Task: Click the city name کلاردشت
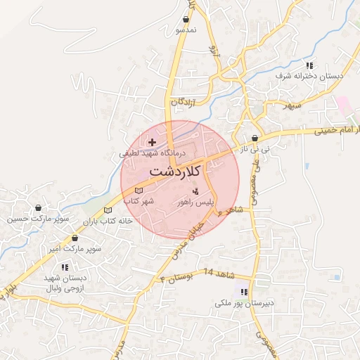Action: pos(175,171)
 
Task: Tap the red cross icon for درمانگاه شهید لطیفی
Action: pos(152,142)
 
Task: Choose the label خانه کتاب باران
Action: pos(108,221)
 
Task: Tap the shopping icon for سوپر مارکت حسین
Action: pos(38,208)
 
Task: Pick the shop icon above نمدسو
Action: pos(186,20)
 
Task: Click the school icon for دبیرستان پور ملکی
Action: pos(244,292)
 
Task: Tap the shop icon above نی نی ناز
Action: pos(254,139)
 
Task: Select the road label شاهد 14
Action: pos(217,271)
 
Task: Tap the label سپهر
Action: pos(292,105)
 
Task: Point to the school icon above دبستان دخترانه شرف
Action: pos(310,65)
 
